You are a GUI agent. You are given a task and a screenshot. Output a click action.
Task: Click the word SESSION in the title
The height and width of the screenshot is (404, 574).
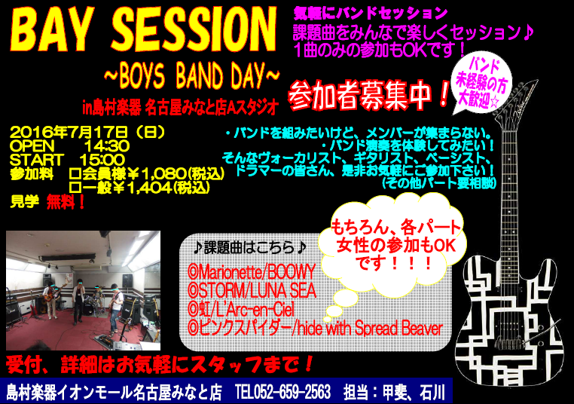(x=194, y=29)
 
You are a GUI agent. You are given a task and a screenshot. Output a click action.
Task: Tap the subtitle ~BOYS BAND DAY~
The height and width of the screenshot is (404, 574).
(x=192, y=76)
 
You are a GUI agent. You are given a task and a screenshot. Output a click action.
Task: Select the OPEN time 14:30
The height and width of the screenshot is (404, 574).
(x=107, y=146)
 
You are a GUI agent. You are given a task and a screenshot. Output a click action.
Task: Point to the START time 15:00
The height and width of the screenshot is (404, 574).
(x=102, y=160)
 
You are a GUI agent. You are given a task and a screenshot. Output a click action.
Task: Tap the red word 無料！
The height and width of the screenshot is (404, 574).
(x=66, y=202)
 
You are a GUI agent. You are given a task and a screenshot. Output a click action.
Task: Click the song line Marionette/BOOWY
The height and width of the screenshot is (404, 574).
(x=251, y=272)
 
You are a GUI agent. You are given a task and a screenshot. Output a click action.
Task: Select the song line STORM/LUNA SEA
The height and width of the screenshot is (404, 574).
(x=252, y=290)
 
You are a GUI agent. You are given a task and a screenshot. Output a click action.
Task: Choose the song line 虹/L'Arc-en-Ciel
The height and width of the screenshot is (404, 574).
(x=241, y=309)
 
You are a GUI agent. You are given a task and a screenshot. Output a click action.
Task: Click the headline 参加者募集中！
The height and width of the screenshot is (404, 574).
(x=368, y=95)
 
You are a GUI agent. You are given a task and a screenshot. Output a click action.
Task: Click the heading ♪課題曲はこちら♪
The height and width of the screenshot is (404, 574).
(x=249, y=248)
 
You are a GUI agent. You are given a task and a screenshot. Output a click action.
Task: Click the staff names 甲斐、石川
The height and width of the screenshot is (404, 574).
(x=414, y=392)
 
